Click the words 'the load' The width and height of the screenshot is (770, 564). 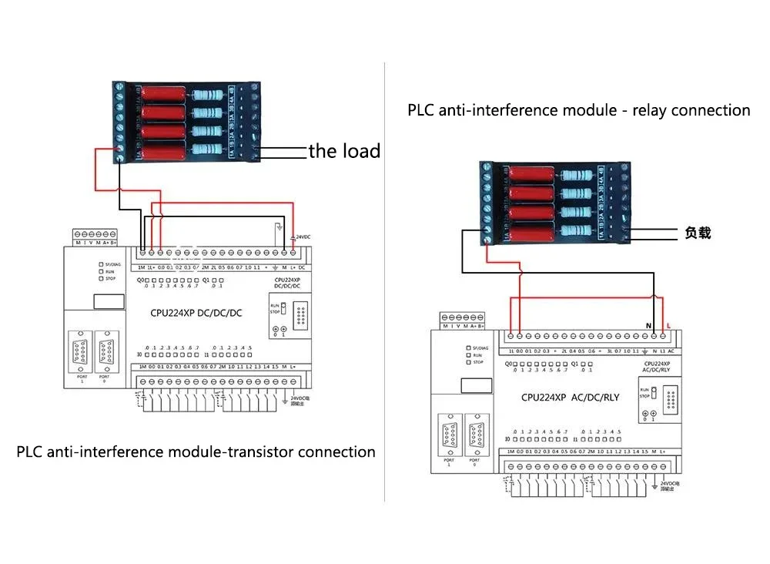point(344,151)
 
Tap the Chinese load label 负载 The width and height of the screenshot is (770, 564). point(698,233)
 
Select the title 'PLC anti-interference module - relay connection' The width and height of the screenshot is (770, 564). point(578,110)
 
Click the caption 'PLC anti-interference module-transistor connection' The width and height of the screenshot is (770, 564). point(196,452)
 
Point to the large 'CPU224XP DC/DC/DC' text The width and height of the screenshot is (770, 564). point(196,312)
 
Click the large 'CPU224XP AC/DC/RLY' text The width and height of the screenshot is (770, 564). point(570,398)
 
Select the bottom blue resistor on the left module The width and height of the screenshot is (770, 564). point(207,150)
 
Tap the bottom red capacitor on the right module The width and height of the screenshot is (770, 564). point(529,231)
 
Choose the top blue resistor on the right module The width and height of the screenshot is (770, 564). point(576,176)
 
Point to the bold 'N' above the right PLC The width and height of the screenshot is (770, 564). point(649,326)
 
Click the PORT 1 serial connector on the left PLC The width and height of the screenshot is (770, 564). point(79,353)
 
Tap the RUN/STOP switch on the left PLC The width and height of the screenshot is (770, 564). point(283,309)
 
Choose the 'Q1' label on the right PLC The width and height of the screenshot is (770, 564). point(586,364)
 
